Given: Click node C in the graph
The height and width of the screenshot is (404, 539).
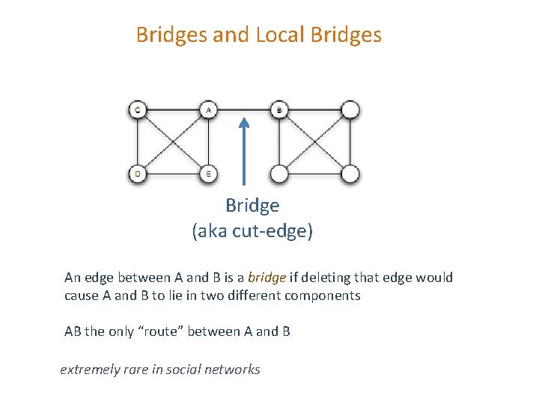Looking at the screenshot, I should pyautogui.click(x=137, y=111).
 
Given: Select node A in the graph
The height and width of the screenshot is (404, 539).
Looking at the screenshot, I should pyautogui.click(x=207, y=111).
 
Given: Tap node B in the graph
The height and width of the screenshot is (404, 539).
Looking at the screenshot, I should pyautogui.click(x=278, y=111).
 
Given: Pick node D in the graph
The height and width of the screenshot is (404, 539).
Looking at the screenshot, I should pyautogui.click(x=137, y=174).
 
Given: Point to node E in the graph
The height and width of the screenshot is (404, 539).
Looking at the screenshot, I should pyautogui.click(x=207, y=174).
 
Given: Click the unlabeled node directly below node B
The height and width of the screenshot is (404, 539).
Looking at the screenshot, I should pyautogui.click(x=278, y=174).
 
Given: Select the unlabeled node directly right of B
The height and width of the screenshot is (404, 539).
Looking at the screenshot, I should pyautogui.click(x=350, y=111).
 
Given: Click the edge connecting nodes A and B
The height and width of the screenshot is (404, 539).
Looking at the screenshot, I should pyautogui.click(x=258, y=111).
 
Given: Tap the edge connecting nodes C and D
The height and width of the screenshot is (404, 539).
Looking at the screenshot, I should pyautogui.click(x=137, y=142).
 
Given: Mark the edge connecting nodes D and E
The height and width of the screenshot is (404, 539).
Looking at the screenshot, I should pyautogui.click(x=172, y=174).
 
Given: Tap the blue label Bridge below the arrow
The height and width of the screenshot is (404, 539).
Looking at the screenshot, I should pyautogui.click(x=252, y=206).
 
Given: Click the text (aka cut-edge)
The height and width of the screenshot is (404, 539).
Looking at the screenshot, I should pyautogui.click(x=252, y=231).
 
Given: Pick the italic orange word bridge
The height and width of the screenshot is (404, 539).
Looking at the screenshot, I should pyautogui.click(x=267, y=278).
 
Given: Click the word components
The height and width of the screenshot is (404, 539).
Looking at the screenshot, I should pyautogui.click(x=323, y=296).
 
